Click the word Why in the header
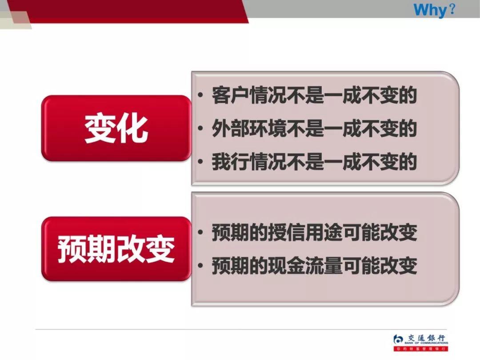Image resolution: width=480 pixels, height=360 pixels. click(x=429, y=9)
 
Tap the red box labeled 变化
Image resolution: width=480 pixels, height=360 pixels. click(x=116, y=128)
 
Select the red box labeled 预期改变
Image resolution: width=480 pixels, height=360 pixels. click(x=116, y=249)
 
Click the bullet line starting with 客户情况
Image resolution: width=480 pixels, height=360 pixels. click(x=314, y=96)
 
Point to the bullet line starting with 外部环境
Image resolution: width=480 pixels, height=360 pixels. click(x=314, y=129)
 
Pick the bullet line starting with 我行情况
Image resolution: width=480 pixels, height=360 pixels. click(x=314, y=162)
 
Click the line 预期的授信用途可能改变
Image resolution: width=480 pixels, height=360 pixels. click(x=314, y=233)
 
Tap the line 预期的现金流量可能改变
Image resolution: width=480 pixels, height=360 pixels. click(x=314, y=266)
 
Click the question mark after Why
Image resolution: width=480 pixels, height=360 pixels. click(x=452, y=9)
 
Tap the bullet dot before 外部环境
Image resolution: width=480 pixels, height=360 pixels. click(x=202, y=129)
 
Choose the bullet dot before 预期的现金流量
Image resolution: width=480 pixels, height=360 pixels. click(x=202, y=266)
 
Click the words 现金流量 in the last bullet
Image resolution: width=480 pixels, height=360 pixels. click(x=307, y=266)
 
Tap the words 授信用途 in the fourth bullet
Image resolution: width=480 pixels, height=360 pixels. click(x=307, y=233)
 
